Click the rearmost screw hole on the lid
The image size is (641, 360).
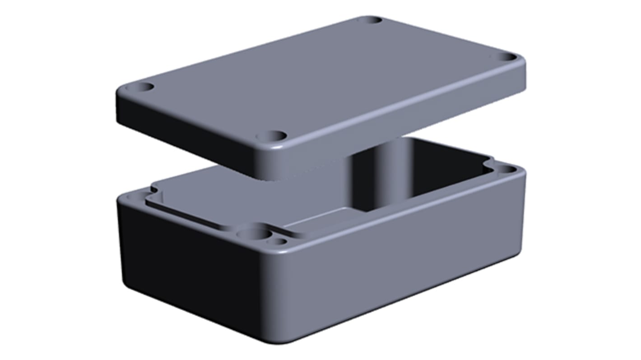point(370,20)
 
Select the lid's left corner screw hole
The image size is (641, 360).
point(145,87)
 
